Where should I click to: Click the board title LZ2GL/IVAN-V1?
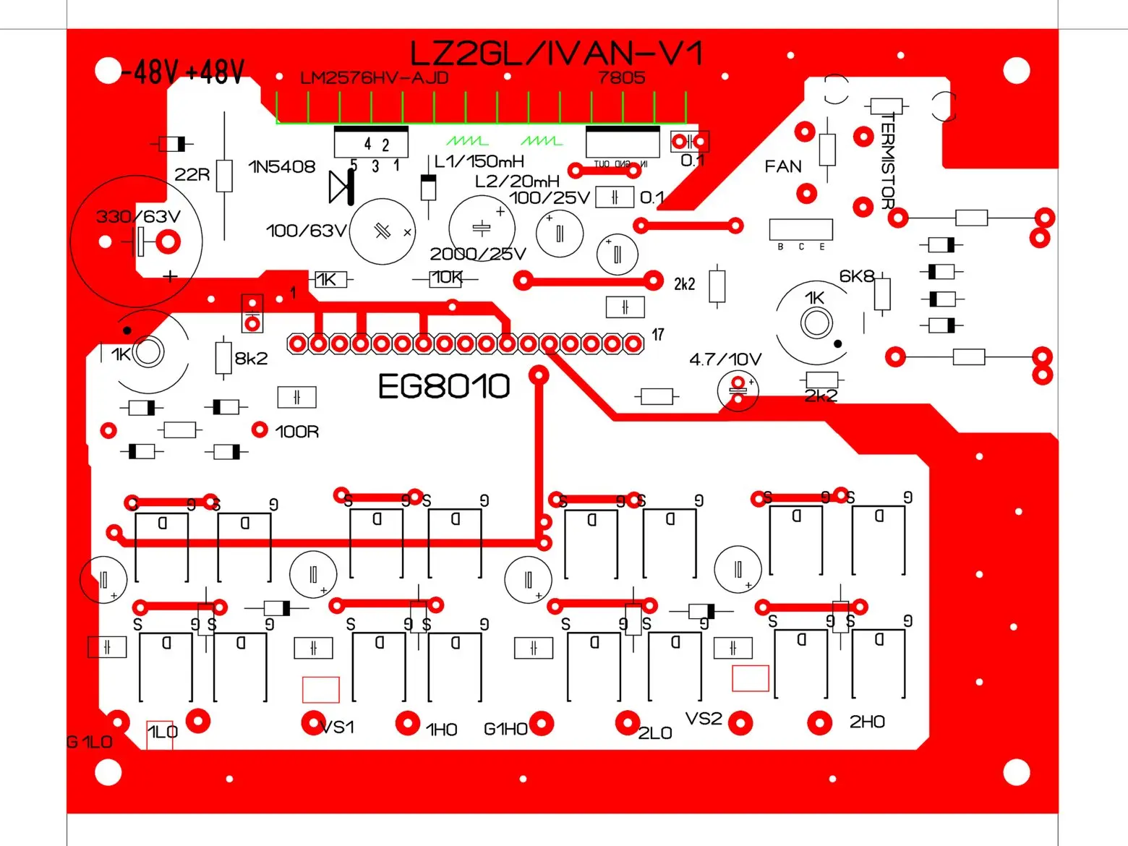point(555,54)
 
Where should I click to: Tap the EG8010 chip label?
point(444,386)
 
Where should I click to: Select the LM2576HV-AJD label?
point(374,78)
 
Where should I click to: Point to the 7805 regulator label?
point(621,77)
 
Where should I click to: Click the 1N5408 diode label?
point(282,167)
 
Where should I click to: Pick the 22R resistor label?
point(192,175)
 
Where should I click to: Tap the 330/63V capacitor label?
point(137,216)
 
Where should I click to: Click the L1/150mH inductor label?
point(479,161)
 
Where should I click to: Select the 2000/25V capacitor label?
point(477,254)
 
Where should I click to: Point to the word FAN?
point(783,167)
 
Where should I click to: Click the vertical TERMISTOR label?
point(888,161)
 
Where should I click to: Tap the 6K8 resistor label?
point(856,276)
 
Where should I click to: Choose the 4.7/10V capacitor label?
point(725,359)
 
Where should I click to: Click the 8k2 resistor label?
point(251,359)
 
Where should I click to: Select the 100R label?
point(296,432)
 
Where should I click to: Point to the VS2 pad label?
point(704,719)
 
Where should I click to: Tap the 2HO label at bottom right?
point(867,722)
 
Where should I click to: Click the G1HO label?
point(505,730)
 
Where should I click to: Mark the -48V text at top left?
point(150,72)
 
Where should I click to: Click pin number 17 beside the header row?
point(658,335)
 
